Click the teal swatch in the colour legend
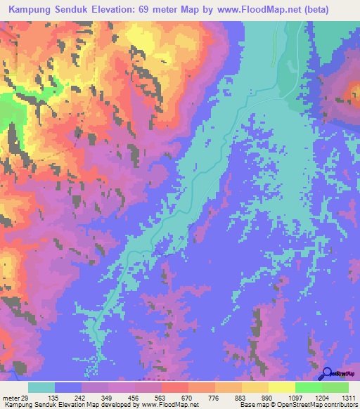click(x=41, y=387)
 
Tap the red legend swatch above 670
click(x=175, y=387)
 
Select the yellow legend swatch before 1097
click(x=281, y=387)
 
